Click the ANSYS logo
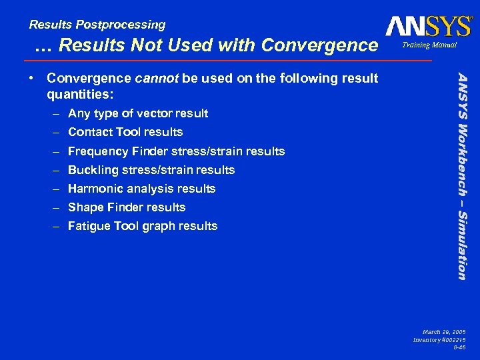click(x=428, y=26)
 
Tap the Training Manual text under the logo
click(x=429, y=45)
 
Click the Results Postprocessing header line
click(x=97, y=25)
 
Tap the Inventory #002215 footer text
click(x=439, y=340)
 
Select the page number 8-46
click(x=459, y=348)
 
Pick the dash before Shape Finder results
click(x=58, y=207)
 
